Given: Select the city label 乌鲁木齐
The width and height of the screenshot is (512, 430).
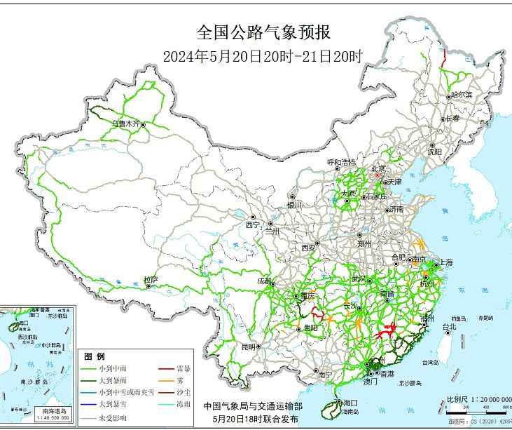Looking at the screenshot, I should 126,123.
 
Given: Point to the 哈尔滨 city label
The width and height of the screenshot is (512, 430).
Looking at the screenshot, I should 462,94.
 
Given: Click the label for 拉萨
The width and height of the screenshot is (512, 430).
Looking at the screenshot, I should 151,280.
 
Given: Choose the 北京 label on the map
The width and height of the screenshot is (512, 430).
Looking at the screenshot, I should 378,168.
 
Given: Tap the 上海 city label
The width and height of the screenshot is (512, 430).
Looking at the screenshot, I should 445,262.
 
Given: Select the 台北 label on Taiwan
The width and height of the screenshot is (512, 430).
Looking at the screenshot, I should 448,327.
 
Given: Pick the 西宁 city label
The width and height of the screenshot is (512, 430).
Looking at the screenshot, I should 252,225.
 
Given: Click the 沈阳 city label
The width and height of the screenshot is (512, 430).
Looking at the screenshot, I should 434,152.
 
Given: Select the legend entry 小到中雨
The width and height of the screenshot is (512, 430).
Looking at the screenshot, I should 113,368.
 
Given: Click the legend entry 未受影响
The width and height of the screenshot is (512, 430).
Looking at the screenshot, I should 113,417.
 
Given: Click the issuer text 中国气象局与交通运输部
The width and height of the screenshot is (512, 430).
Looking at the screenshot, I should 253,406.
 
